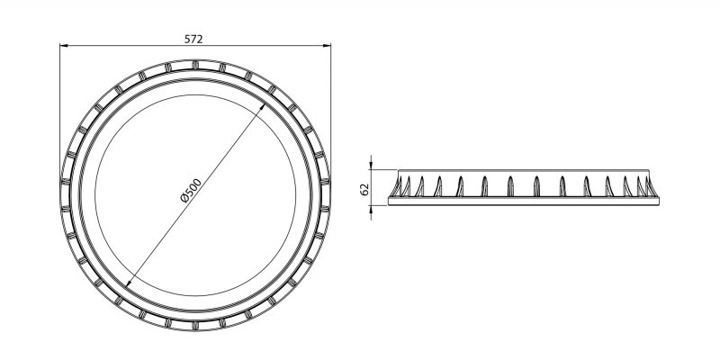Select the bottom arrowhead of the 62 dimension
click(x=372, y=203)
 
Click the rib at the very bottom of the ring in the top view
click(x=195, y=320)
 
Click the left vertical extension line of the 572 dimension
click(x=60, y=108)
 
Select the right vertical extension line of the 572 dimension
click(x=330, y=108)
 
